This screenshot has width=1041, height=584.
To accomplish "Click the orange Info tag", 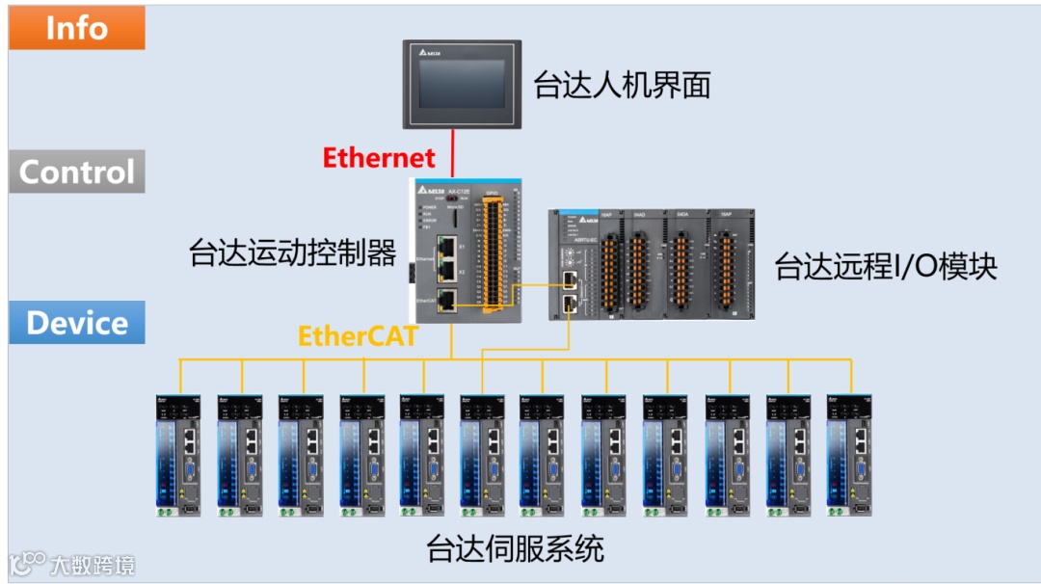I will pos(77,28).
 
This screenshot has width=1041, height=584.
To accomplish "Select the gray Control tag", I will pos(77,172).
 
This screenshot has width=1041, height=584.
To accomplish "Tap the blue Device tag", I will pos(77,322).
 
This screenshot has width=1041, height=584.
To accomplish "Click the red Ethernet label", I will pos(379,157).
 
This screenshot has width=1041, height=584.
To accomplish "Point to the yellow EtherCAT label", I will pos(358,336).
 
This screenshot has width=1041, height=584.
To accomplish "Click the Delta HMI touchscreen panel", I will pos(462,84).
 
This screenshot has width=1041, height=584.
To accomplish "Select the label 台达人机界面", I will pos(622,85).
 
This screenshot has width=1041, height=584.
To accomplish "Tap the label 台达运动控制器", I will pos(293,253).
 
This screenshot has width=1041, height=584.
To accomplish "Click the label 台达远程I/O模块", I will pos(886,267).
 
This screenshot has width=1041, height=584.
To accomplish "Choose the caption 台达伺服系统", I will pos(515,548).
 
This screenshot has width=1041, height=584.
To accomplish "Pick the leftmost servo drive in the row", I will pos(179,454).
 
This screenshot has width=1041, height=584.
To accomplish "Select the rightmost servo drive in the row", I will pos(850,454).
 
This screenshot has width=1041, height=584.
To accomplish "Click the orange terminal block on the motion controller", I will pos(493,260).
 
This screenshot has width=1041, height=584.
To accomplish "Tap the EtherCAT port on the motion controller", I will pos(446,301).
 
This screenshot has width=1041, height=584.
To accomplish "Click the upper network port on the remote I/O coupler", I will pos(570,280).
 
